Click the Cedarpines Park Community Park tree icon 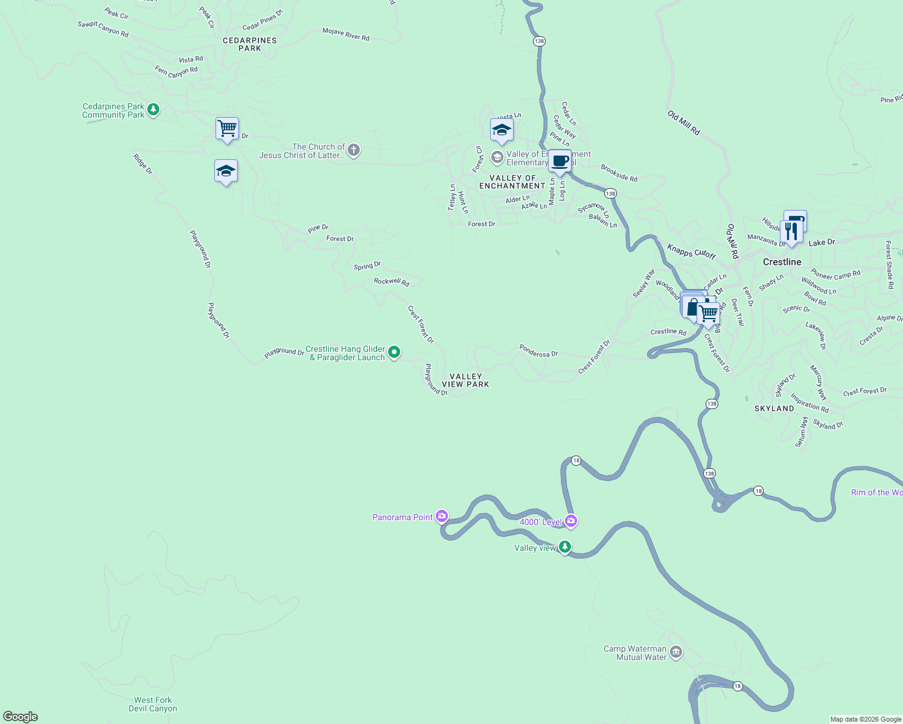click(153, 110)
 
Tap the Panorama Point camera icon click(442, 516)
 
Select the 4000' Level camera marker click(571, 521)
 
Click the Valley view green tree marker click(564, 547)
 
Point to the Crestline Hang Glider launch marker click(394, 352)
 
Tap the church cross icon click(354, 150)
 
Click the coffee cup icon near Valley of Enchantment click(560, 161)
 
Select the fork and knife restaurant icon click(791, 232)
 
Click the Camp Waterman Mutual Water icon click(676, 652)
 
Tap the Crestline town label click(782, 262)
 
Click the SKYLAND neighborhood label click(774, 408)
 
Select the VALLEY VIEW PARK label click(465, 380)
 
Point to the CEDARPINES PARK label click(249, 44)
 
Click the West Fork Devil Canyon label click(153, 704)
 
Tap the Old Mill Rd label click(683, 122)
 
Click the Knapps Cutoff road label click(691, 251)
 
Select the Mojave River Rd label click(346, 34)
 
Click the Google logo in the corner click(21, 716)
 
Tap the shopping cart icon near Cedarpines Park click(227, 128)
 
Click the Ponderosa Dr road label click(538, 351)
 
